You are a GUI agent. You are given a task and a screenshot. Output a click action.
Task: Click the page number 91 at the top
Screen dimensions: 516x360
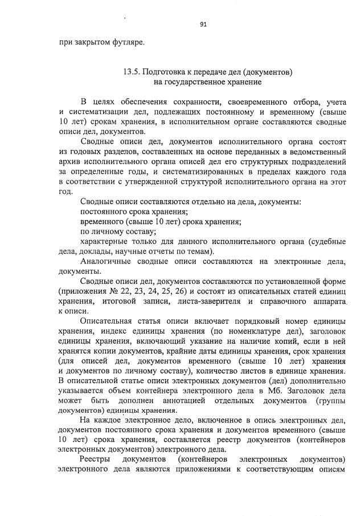(203, 24)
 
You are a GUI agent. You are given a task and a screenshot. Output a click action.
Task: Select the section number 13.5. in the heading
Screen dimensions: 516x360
(132, 72)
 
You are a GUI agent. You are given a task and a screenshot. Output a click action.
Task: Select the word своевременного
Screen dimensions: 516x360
(255, 102)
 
